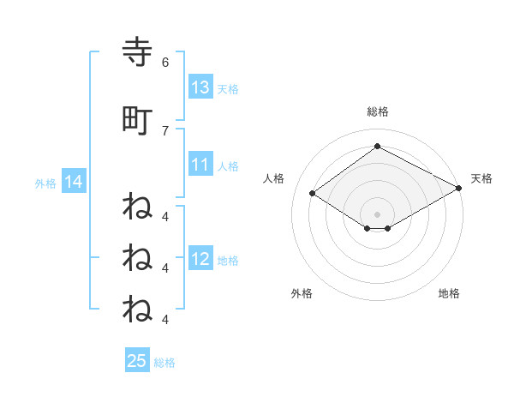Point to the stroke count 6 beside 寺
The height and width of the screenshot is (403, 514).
click(x=164, y=62)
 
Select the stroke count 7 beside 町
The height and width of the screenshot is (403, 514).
click(x=164, y=130)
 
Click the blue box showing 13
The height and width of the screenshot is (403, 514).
click(x=200, y=87)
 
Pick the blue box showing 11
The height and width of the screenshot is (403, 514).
click(x=200, y=165)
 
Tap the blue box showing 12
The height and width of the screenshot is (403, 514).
click(x=200, y=260)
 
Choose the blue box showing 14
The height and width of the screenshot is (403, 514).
click(x=73, y=183)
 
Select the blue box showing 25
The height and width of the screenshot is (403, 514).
click(x=137, y=361)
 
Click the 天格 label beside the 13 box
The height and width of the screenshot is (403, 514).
click(x=227, y=88)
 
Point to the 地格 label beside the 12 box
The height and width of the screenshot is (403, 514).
click(x=227, y=261)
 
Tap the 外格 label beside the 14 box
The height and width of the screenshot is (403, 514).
click(x=45, y=183)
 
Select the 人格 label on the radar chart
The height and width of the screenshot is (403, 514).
click(x=274, y=178)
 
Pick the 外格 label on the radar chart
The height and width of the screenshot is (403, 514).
click(x=302, y=293)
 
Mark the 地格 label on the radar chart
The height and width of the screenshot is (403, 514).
click(x=449, y=293)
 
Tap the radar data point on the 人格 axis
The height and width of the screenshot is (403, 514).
click(x=313, y=193)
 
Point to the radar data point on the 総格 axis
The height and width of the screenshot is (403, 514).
click(x=377, y=147)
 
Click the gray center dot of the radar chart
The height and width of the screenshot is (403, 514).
click(x=377, y=214)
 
